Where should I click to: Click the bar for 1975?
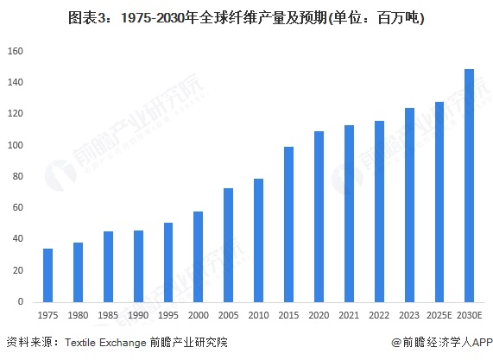tap(48, 275)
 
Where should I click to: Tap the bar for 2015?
tap(288, 224)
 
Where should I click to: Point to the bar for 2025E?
tap(439, 202)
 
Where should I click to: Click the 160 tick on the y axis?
tap(16, 51)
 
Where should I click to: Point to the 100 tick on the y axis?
tap(16, 145)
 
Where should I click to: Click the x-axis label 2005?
tap(228, 315)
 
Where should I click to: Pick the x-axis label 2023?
tap(409, 315)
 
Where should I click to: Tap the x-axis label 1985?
tap(108, 315)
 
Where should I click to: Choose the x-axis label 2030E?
tap(469, 315)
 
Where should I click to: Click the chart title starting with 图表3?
tap(246, 18)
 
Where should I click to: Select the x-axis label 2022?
tap(379, 315)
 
